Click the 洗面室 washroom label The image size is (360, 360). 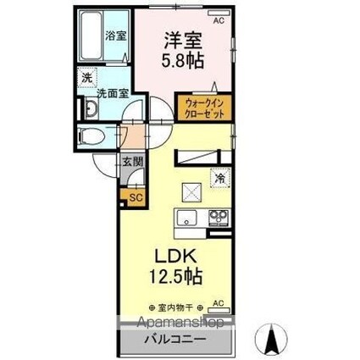click(x=110, y=94)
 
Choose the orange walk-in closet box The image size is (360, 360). click(x=202, y=108)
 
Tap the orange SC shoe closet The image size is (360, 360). click(x=134, y=197)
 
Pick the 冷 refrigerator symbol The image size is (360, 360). click(x=219, y=179)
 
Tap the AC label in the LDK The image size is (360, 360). click(x=218, y=302)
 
